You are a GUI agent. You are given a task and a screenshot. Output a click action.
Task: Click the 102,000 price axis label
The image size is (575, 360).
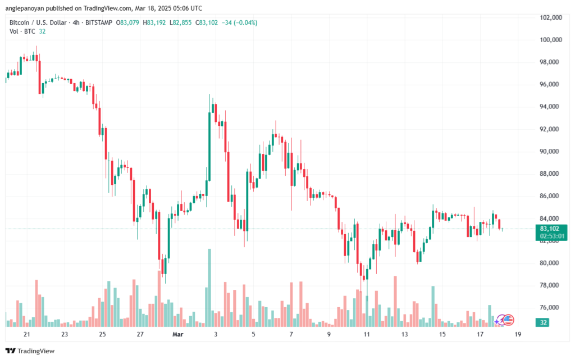[551, 17]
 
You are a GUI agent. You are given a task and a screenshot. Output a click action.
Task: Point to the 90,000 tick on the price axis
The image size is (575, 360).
[551, 151]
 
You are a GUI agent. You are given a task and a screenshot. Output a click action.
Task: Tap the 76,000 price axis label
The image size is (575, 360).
[551, 307]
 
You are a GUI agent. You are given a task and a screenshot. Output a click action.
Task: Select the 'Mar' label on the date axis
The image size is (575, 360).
[178, 334]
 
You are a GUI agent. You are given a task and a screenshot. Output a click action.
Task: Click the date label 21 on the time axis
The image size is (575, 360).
[26, 334]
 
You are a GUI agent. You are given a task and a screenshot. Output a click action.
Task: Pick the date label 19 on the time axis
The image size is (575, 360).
[517, 334]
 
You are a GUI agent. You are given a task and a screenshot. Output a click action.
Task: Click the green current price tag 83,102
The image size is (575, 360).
[551, 229]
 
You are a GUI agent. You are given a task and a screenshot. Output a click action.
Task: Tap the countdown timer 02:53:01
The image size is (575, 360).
[551, 236]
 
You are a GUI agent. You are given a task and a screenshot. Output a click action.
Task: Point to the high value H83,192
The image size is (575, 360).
[154, 22]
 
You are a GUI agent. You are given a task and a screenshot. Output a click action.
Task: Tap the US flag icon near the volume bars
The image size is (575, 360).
[508, 320]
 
